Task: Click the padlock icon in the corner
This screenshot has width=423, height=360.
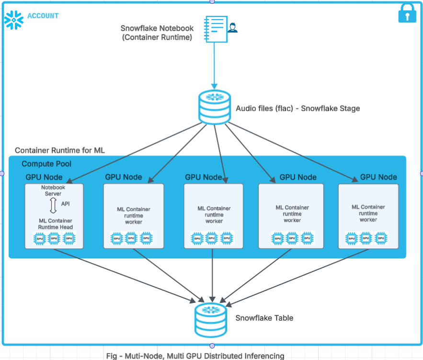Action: [407, 14]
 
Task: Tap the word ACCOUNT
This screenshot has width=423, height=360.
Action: [43, 16]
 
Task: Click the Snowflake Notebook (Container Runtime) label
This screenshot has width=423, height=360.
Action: [157, 33]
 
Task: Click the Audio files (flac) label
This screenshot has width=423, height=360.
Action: [297, 108]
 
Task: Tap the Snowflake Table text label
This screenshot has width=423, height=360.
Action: [264, 318]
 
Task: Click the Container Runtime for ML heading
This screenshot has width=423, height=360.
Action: [60, 151]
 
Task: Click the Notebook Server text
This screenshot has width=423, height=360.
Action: [53, 191]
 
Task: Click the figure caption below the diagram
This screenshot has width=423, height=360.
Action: [195, 356]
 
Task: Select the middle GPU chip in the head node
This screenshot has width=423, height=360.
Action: [54, 238]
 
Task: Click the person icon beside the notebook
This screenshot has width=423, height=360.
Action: [233, 27]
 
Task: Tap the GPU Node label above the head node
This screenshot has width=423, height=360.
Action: [44, 177]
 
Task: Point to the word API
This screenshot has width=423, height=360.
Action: [65, 204]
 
